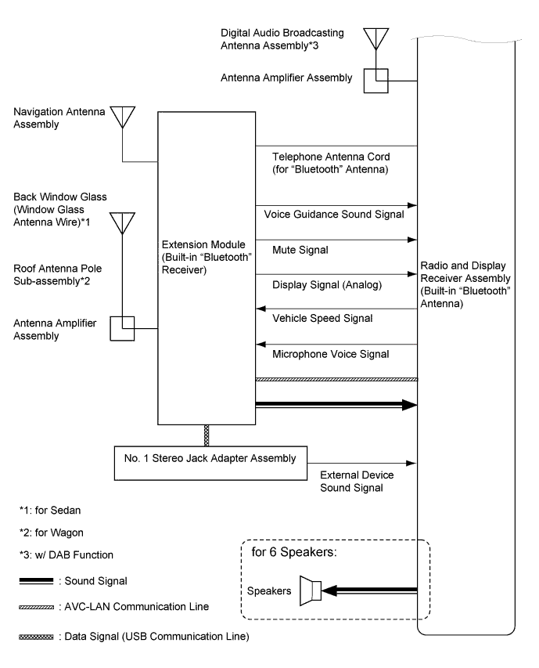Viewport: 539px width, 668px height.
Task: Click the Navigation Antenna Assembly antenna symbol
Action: click(124, 116)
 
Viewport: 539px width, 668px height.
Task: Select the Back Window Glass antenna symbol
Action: click(124, 222)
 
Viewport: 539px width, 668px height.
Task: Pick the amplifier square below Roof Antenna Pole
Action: click(123, 329)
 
